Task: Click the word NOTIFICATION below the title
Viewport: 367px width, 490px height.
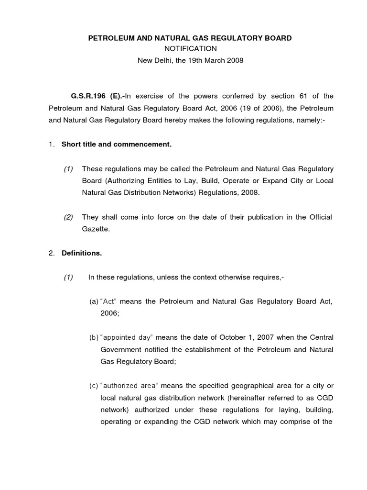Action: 190,48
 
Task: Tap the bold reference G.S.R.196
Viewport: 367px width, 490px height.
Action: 87,96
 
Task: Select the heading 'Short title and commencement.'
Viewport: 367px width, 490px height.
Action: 116,144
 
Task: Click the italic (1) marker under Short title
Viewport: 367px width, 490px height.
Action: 69,168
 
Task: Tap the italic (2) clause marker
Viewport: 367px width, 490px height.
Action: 69,217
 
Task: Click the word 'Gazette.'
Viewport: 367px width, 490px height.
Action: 96,229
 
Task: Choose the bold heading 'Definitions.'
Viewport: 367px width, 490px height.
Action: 82,253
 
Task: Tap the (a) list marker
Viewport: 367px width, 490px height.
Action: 94,301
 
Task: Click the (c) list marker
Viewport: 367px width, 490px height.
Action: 94,386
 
